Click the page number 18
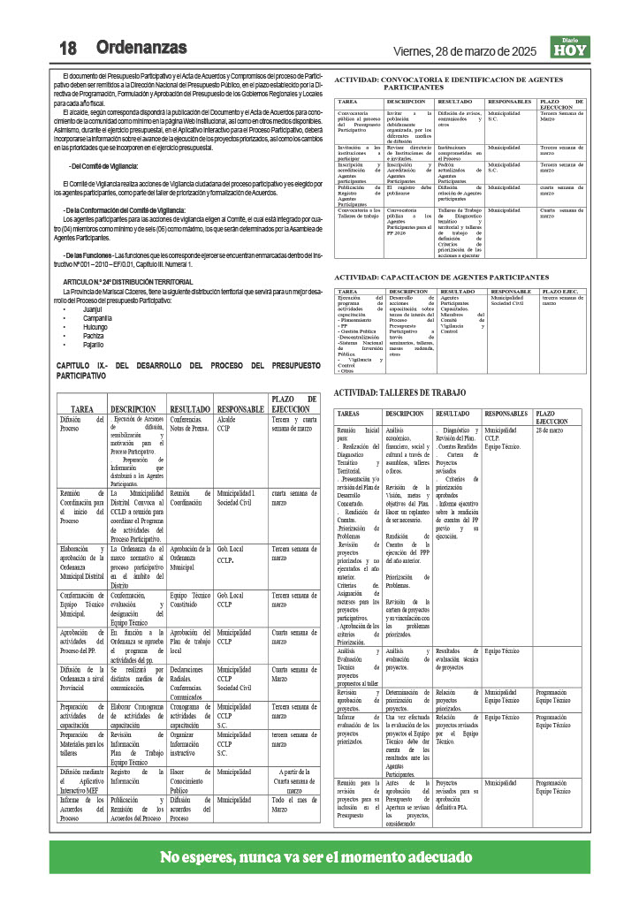[71, 47]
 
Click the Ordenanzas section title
[141, 47]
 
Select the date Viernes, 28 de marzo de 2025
[465, 49]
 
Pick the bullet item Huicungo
[95, 328]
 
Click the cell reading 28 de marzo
[549, 430]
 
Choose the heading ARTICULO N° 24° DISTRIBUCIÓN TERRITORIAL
[127, 281]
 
